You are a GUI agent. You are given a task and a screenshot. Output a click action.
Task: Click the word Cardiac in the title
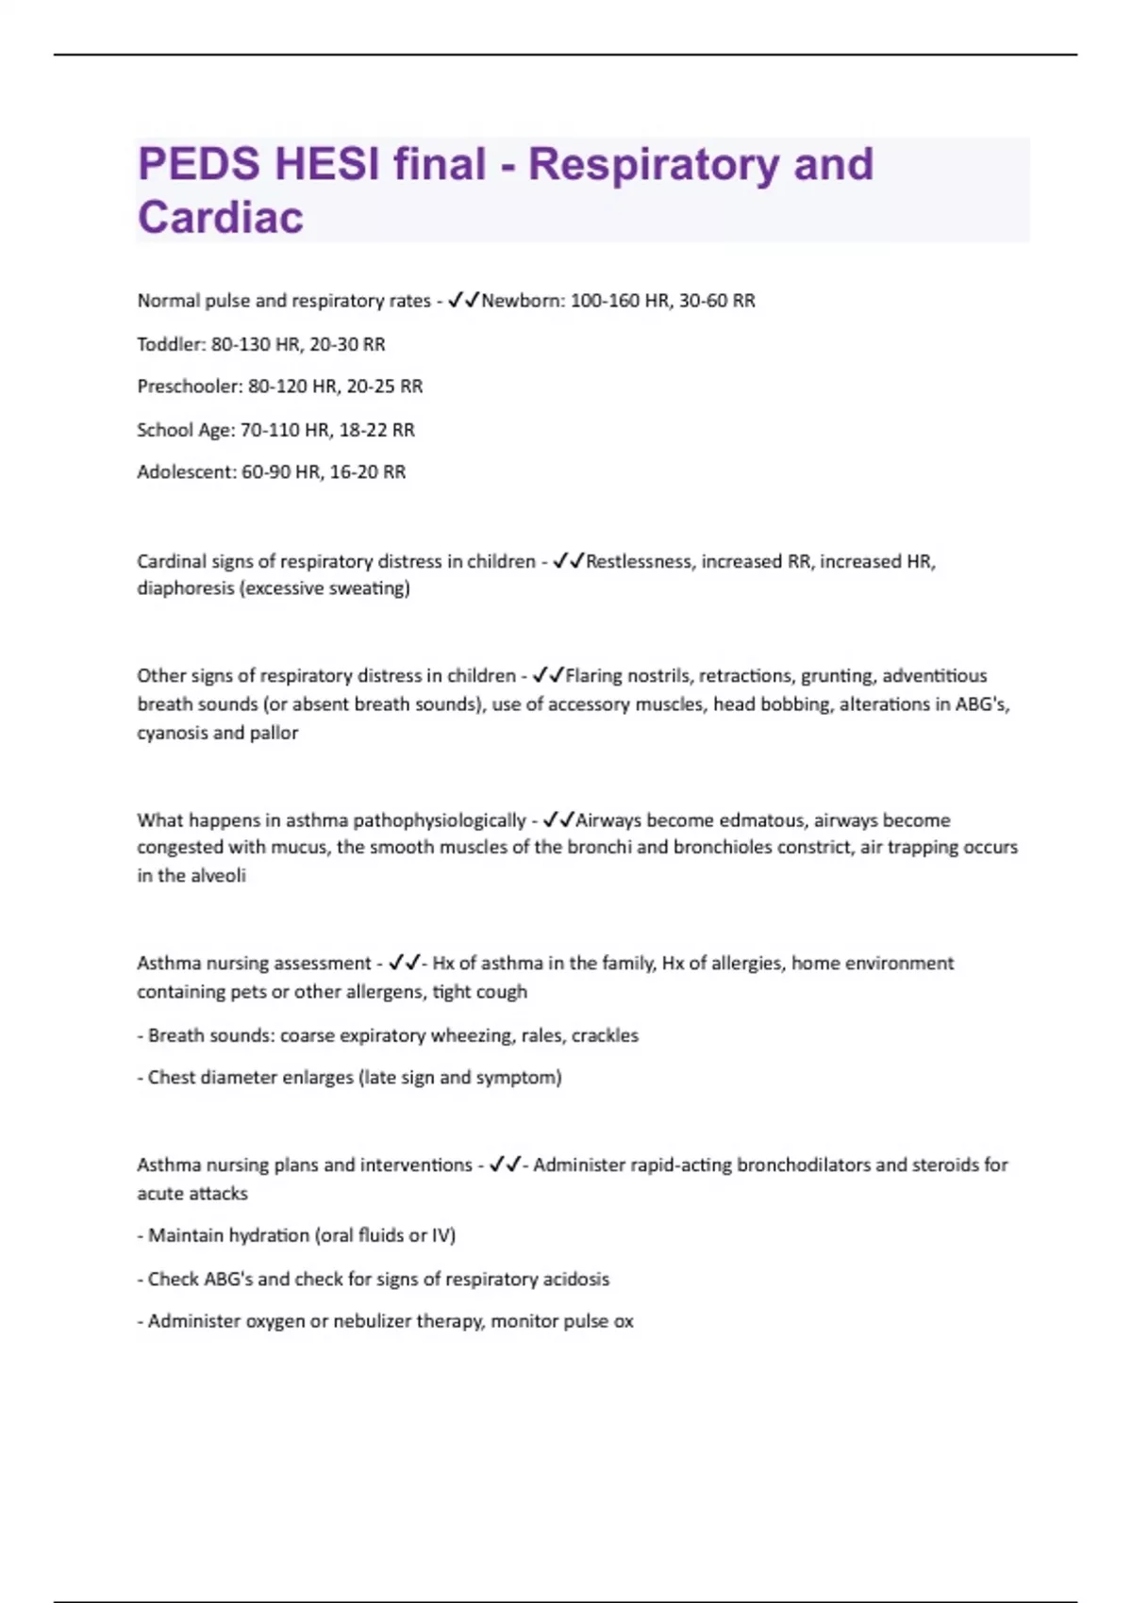tap(221, 217)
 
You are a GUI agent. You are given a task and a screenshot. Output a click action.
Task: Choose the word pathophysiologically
tap(439, 820)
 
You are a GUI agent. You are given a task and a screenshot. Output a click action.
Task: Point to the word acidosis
tap(574, 1280)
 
